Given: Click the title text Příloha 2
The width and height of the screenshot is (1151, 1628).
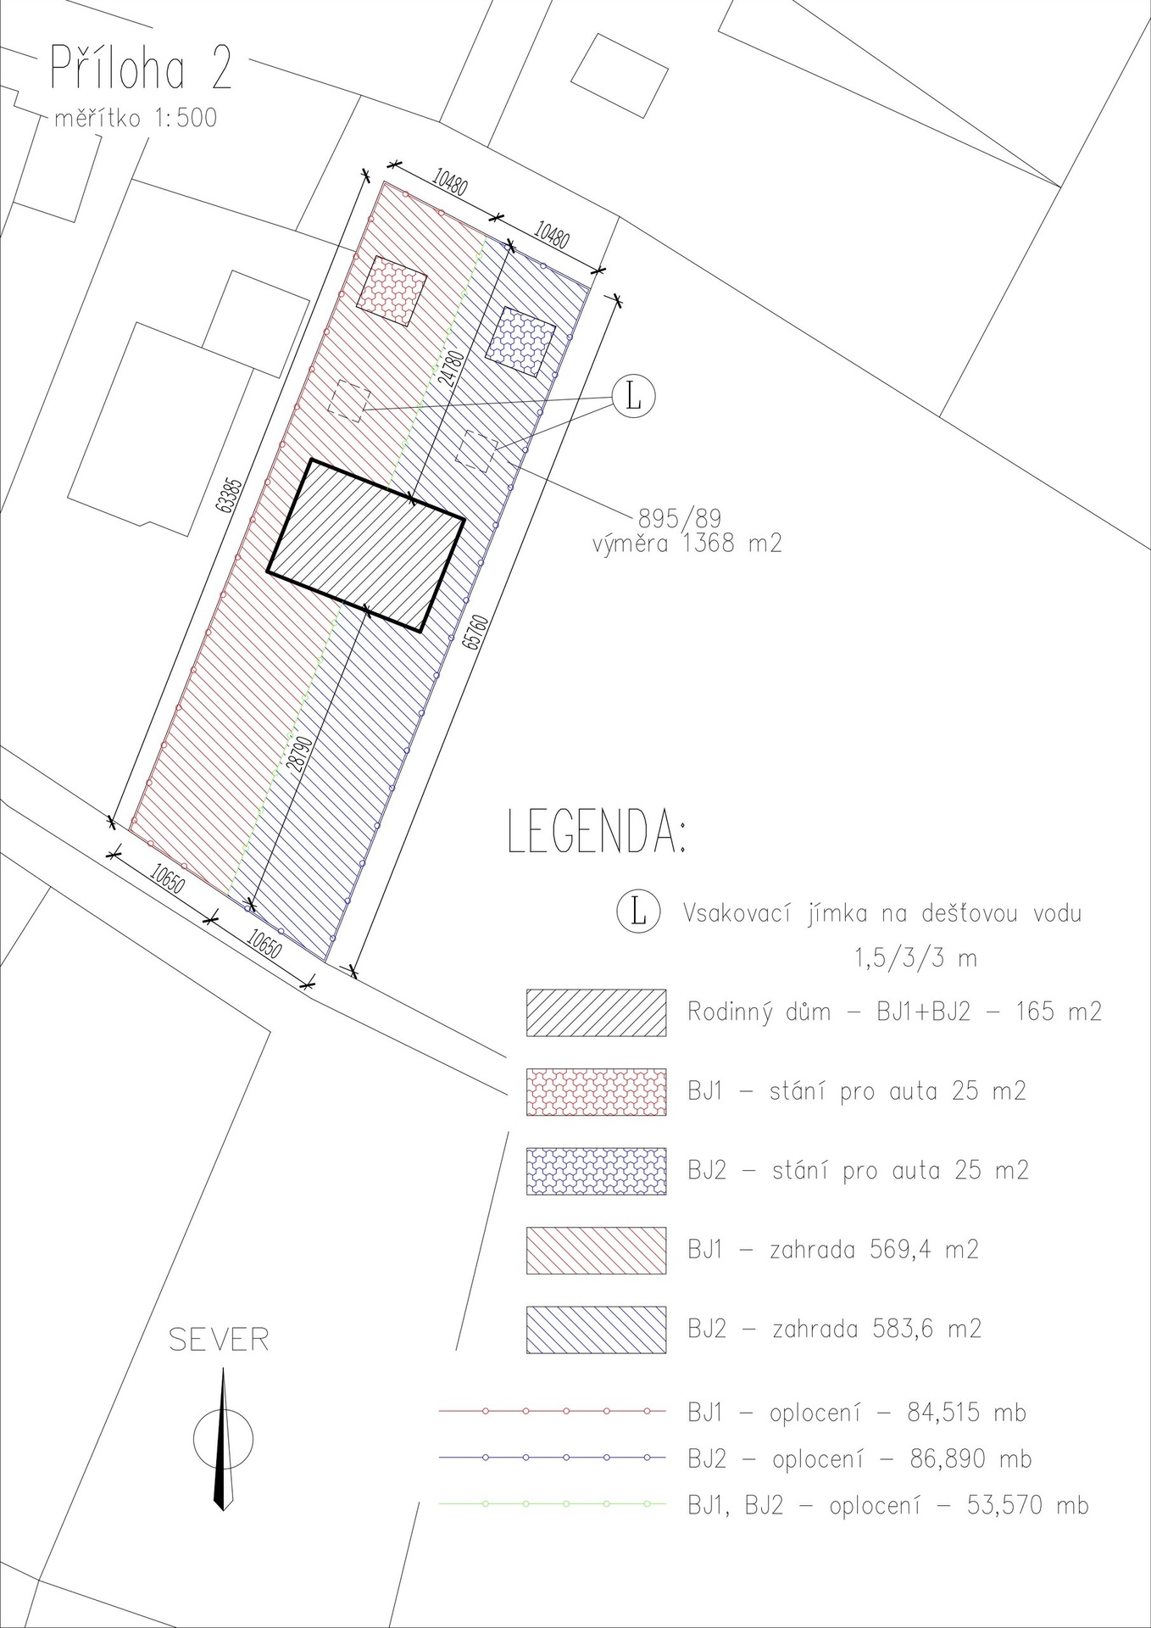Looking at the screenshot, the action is tap(141, 70).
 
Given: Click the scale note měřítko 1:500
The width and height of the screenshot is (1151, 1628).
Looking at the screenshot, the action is tap(136, 118).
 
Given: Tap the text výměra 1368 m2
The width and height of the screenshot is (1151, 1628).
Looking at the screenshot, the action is tap(687, 544).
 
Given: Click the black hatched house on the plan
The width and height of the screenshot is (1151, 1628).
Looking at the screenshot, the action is tap(365, 545).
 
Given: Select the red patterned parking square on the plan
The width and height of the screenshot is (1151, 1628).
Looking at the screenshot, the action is tap(391, 290).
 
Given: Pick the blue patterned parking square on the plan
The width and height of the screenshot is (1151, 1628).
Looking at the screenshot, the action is tap(520, 341).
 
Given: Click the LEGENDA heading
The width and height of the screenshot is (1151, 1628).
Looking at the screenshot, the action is tap(597, 832).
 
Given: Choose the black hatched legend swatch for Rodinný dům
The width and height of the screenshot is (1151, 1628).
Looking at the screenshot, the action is tap(596, 1012).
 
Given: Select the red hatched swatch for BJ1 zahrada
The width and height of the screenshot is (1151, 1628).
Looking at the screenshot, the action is tap(596, 1250).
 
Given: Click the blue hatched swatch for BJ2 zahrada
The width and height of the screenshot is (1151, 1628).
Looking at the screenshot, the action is tap(596, 1330).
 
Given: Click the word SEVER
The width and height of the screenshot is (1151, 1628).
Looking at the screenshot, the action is tap(219, 1341).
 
